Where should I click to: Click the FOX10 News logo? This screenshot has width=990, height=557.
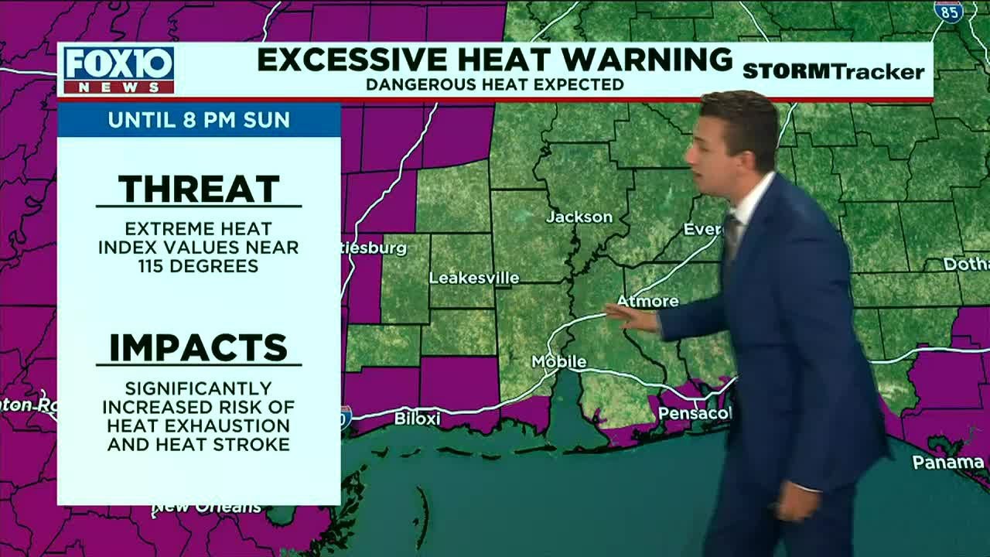(118, 70)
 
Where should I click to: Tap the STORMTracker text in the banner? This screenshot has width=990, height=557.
(833, 72)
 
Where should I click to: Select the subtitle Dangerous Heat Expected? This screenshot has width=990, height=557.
(494, 84)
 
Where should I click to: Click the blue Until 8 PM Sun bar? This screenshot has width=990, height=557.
(199, 120)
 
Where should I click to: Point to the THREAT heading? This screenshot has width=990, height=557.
(199, 189)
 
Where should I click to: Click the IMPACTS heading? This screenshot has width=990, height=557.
(199, 348)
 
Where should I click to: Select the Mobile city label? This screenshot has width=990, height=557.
(558, 362)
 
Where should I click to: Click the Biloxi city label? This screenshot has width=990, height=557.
(417, 419)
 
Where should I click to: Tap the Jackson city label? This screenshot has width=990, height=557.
(579, 217)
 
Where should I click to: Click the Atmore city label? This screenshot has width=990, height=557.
(647, 301)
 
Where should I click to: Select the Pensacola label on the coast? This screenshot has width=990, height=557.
(694, 414)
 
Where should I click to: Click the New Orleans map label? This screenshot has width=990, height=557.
(207, 508)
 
